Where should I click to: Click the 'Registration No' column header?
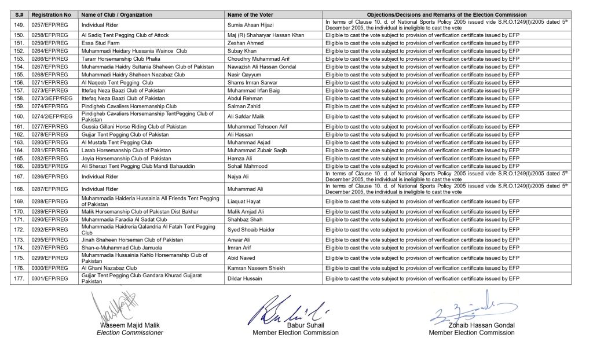(x=52, y=14)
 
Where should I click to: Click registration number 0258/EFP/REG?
(x=50, y=35)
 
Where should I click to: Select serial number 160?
(x=19, y=116)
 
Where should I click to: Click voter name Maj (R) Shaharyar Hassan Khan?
(x=266, y=35)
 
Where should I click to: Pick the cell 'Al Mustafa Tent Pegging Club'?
(x=117, y=142)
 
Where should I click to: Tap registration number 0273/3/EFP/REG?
(x=52, y=98)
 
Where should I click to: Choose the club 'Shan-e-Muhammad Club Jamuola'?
(x=122, y=248)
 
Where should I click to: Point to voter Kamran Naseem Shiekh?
(x=257, y=269)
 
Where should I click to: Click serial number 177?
(x=19, y=278)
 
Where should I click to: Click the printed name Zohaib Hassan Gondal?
(x=471, y=325)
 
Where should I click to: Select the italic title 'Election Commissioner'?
(x=130, y=333)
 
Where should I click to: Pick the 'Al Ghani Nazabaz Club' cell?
(x=109, y=269)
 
